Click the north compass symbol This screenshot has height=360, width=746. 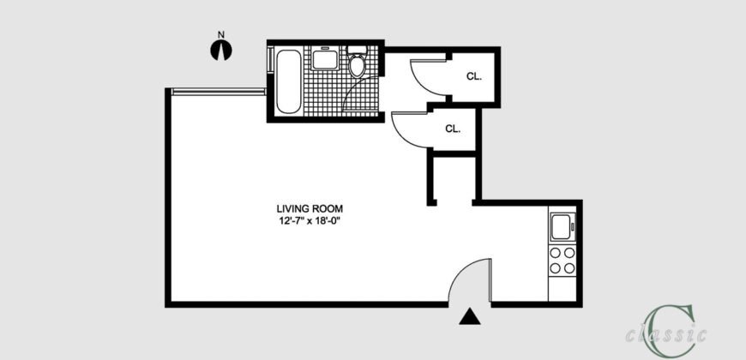[x=221, y=50]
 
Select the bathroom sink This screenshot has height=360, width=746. [x=324, y=59]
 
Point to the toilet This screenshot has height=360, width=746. [x=357, y=63]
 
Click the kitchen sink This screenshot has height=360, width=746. [x=563, y=228]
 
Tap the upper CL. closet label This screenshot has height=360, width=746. [x=474, y=75]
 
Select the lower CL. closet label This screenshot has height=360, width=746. [x=453, y=129]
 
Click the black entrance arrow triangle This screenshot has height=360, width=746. [x=468, y=317]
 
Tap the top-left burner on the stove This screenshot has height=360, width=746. [x=556, y=252]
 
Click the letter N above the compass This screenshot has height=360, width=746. [x=221, y=35]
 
